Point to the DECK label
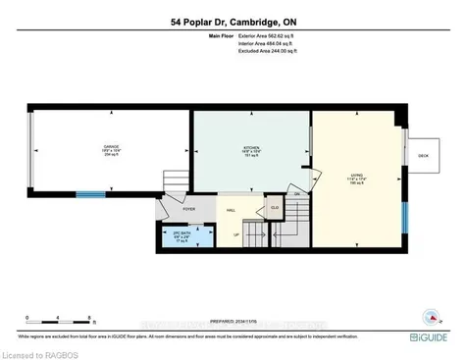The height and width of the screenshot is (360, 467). [424, 155]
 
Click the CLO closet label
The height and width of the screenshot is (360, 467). [275, 208]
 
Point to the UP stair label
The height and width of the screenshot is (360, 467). [235, 233]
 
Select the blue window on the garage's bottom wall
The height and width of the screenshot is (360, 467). [90, 194]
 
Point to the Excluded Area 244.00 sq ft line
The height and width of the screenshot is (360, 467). [264, 51]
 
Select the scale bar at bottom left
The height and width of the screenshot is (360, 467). [59, 320]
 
